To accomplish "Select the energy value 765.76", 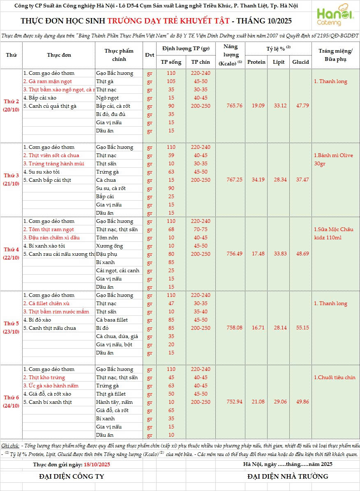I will [234, 106].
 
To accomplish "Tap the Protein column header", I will [256, 62].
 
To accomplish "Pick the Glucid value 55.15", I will [300, 328].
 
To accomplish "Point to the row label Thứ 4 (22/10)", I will [12, 254].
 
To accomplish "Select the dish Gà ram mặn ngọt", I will [47, 81].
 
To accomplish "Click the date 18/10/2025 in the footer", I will [97, 464].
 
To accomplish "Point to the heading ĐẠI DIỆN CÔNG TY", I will [72, 477].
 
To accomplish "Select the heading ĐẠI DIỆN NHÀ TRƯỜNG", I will [288, 477].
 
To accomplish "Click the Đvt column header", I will [149, 55].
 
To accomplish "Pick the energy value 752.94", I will [234, 402].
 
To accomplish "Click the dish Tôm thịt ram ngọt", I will [48, 229].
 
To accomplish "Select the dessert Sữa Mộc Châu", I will [333, 229].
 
